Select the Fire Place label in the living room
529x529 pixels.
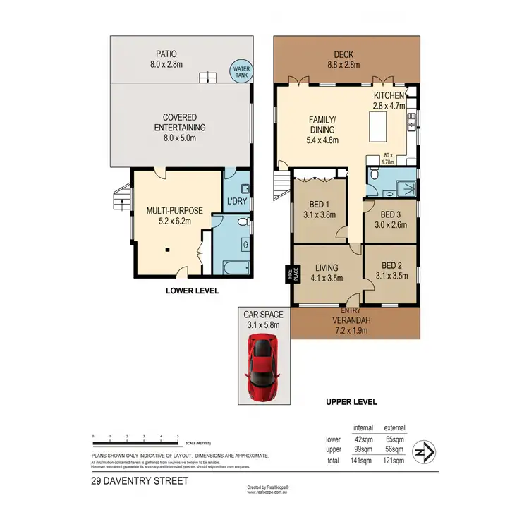[x=287, y=274]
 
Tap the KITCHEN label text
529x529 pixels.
[x=389, y=95]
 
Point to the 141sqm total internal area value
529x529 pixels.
[x=362, y=461]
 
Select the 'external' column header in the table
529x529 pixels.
[x=394, y=428]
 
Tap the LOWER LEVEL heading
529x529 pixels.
[x=192, y=291]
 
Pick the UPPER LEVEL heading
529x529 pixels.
[x=351, y=401]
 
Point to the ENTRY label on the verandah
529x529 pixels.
[x=351, y=310]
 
